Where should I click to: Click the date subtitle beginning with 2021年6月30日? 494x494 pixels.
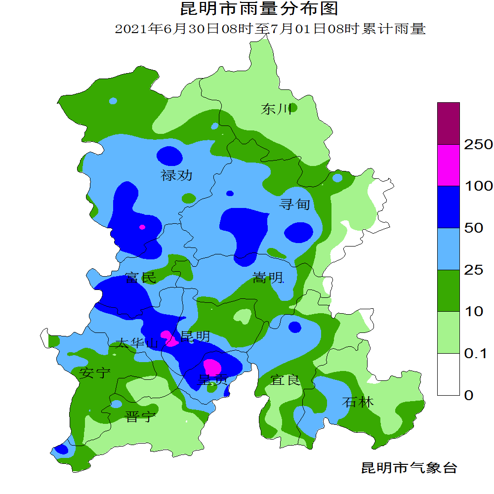coord(270,29)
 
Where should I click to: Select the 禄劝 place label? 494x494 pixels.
coord(176,175)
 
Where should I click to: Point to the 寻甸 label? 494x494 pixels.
coord(295,204)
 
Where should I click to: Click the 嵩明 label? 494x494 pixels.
coord(268,278)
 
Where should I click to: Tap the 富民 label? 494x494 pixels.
coord(141,278)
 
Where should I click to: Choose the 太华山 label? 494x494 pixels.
coord(136,343)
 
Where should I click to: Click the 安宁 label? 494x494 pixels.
coord(95,372)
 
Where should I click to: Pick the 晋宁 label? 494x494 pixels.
coord(141,417)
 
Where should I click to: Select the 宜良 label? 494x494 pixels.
coord(285,380)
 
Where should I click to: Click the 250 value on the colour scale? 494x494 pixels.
coord(479,145)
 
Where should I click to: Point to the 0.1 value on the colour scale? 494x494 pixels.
coord(476,353)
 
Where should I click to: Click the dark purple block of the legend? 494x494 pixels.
coord(449,123)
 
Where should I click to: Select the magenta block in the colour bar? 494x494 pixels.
coord(449,165)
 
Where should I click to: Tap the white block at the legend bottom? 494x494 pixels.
coord(449,374)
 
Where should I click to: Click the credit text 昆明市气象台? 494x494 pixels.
coord(409,468)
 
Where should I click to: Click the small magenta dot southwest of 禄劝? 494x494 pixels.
coord(142,227)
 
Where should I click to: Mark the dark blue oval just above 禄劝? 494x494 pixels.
coord(169,157)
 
